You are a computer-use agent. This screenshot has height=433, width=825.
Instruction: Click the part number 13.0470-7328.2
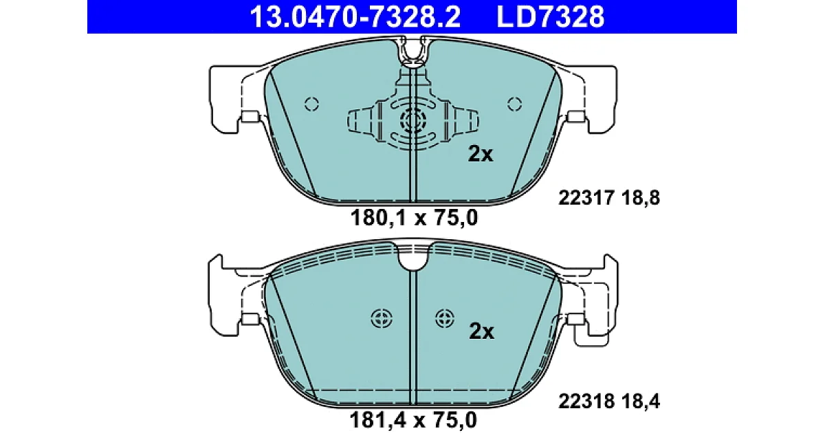tap(355, 16)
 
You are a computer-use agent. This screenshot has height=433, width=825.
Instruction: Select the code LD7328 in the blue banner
tap(550, 16)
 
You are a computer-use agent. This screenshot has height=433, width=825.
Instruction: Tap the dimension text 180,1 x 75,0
tap(414, 218)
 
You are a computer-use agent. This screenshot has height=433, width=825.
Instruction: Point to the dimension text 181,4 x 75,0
tap(413, 420)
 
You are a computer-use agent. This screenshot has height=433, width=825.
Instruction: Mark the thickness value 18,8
tap(641, 198)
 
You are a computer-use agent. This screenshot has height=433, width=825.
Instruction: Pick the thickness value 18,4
tap(641, 401)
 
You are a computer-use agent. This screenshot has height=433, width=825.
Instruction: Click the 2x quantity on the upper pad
tap(481, 154)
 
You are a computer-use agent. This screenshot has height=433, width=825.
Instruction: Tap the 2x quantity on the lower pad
tap(481, 331)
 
